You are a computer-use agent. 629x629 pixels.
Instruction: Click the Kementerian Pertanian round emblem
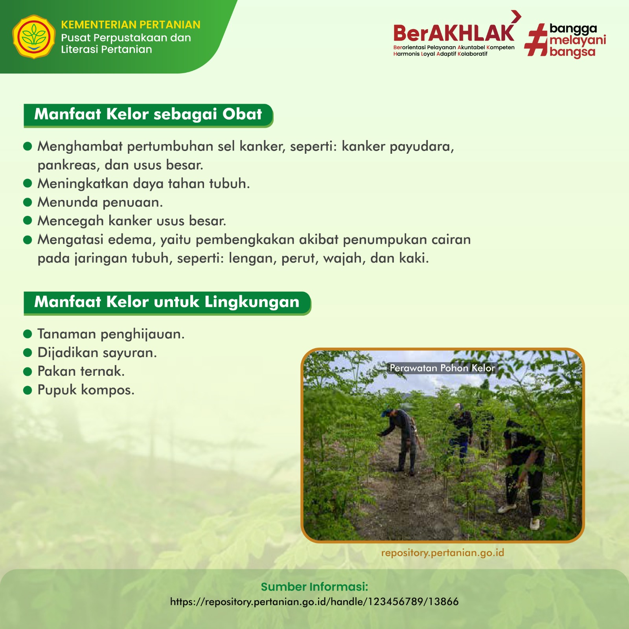pyautogui.click(x=34, y=37)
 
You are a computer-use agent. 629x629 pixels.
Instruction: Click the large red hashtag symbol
pyautogui.click(x=536, y=40)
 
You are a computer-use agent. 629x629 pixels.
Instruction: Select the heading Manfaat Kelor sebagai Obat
pyautogui.click(x=148, y=114)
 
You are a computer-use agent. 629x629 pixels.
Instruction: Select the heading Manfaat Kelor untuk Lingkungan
pyautogui.click(x=167, y=302)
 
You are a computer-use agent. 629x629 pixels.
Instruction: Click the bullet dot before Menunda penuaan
pyautogui.click(x=28, y=202)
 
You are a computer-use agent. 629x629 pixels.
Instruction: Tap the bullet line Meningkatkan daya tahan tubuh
pyautogui.click(x=143, y=184)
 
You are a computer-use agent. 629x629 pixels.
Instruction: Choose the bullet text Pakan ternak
pyautogui.click(x=81, y=371)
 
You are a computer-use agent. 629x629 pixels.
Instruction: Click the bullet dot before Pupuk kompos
pyautogui.click(x=28, y=390)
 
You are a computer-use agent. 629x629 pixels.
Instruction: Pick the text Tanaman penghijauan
pyautogui.click(x=111, y=335)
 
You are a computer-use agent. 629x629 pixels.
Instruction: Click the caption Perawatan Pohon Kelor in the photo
pyautogui.click(x=442, y=368)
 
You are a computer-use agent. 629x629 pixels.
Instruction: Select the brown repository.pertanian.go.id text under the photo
pyautogui.click(x=443, y=553)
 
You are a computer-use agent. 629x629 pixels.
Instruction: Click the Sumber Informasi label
pyautogui.click(x=314, y=587)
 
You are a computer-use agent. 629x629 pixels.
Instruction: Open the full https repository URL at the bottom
pyautogui.click(x=314, y=602)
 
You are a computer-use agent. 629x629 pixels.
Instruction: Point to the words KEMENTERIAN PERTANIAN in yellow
pyautogui.click(x=131, y=25)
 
